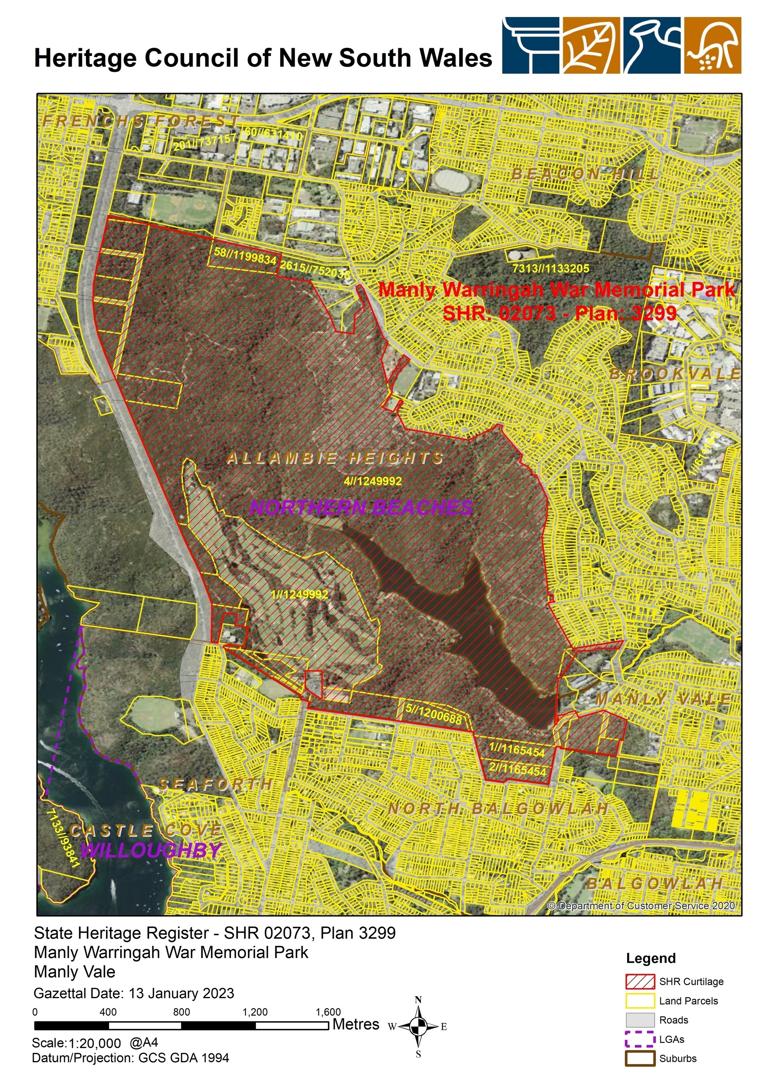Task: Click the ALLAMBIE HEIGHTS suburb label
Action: pos(335,458)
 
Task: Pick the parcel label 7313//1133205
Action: pos(551,268)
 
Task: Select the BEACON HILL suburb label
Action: pos(585,174)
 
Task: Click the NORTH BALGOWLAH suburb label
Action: pos(498,808)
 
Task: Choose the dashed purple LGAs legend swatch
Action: pos(640,1039)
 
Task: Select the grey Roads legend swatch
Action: pos(640,1020)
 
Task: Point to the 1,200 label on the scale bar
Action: pos(255,1012)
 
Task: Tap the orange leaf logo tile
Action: pos(591,46)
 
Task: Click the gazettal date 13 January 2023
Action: pos(184,993)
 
